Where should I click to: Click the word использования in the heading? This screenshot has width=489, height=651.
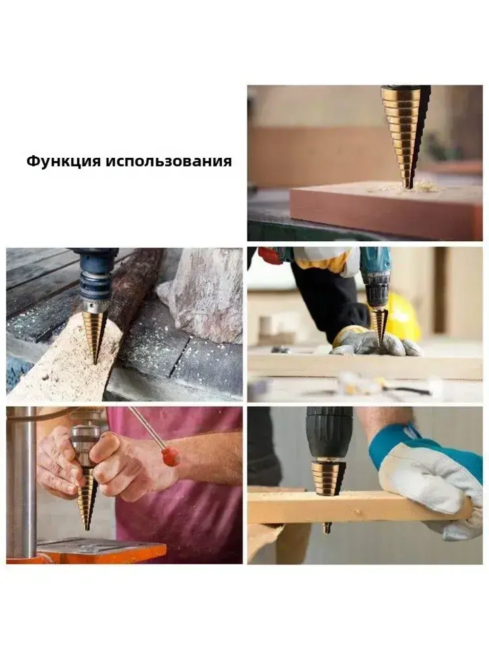click(168, 161)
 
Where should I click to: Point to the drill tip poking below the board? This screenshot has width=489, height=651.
click(327, 528)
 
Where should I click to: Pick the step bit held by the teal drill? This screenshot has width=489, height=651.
click(378, 322)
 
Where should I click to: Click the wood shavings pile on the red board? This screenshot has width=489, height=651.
click(421, 186)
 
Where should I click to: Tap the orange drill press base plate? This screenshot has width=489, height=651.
click(98, 549)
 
